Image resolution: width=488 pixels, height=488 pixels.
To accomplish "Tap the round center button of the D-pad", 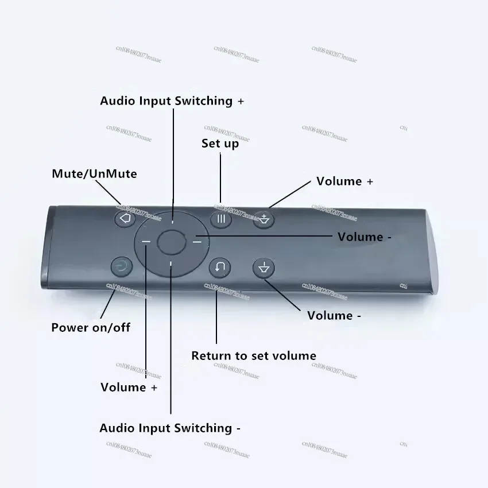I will pos(171,242).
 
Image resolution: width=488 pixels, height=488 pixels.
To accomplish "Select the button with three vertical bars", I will pos(221,219).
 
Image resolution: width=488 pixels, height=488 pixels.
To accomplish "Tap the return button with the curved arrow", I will pos(220,267).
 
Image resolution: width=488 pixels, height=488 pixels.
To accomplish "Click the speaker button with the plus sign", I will pos(264,219).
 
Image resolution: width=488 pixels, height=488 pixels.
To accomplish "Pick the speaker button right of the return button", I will pos(264,268).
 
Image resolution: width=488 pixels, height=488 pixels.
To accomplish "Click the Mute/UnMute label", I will pos(94,173).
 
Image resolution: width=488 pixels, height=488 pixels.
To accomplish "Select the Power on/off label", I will pos(91,328).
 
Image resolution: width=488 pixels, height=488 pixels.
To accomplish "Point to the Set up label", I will pos(220,144).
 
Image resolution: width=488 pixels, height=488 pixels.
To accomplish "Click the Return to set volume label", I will pos(253,356).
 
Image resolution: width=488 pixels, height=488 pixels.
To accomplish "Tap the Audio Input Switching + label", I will pos(172,101).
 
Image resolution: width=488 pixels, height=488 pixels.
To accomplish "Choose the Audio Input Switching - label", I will pos(170,428).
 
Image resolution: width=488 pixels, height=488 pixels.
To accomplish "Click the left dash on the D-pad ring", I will pos(146,242).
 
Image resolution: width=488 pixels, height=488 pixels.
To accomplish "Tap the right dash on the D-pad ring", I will pos(197,242).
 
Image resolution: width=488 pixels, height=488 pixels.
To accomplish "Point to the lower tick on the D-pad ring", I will pos(171,264).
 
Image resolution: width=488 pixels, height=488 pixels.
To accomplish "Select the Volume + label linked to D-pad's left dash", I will pos(129,388).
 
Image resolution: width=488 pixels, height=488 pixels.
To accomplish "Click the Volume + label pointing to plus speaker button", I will pos(344,181).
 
